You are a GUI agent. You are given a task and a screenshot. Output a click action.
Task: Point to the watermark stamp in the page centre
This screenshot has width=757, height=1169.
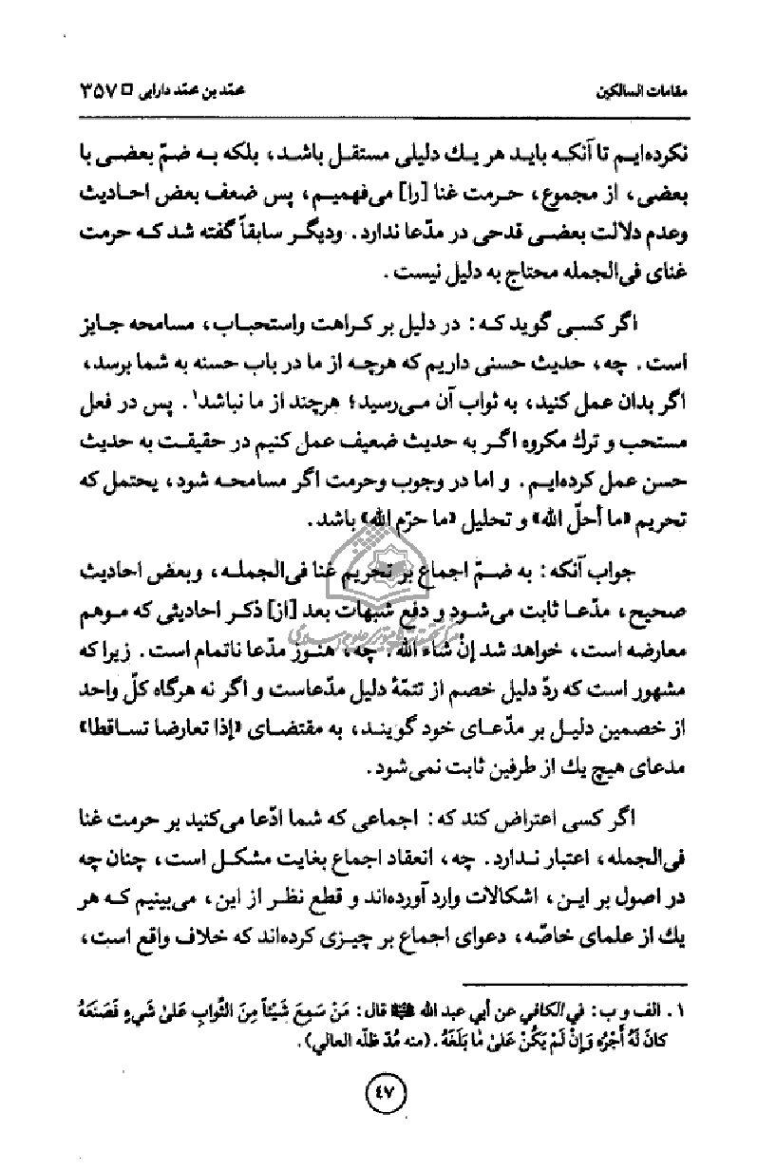pyautogui.click(x=380, y=560)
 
